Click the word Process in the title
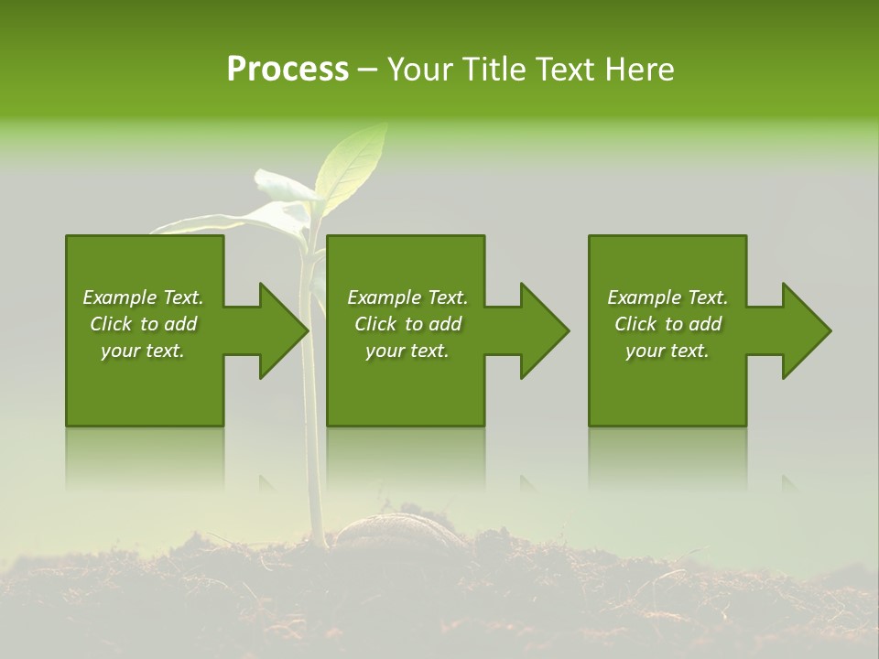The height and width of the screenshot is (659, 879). pos(288,70)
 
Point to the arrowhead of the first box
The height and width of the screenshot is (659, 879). pos(283,330)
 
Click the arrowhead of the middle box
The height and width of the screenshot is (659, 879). pos(544,330)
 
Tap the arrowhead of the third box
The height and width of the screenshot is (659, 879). pos(806,330)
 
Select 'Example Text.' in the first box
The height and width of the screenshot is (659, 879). pos(143,297)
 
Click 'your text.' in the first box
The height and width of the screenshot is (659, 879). pos(143,351)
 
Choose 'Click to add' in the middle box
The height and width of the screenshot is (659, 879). pos(407,324)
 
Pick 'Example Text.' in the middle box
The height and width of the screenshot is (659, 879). pos(407,297)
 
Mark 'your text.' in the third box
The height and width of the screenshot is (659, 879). pos(667,351)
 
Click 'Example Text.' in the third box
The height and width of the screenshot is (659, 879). pos(667,297)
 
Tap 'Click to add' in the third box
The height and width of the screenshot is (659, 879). pos(667,324)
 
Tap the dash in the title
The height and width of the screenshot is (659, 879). pos(367,70)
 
